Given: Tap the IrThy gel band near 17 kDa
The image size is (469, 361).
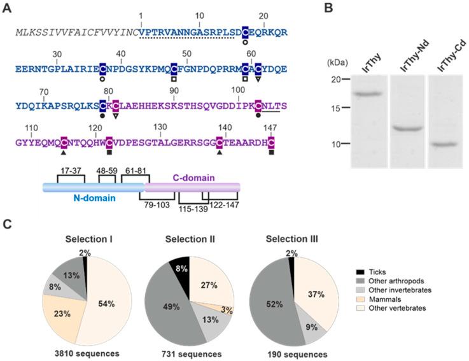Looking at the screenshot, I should (365, 94).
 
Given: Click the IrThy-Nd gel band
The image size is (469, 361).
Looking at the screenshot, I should (407, 129).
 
